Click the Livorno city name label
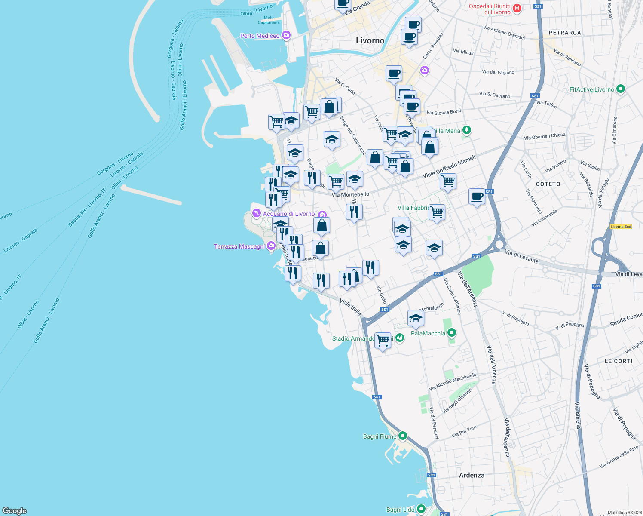[370, 41]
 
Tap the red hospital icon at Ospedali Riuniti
[517, 8]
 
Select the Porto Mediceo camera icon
[286, 36]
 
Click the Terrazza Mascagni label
[239, 246]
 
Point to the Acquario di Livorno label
[289, 214]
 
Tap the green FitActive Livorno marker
[620, 89]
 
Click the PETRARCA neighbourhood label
[565, 33]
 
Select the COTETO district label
[548, 184]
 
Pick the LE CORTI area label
[619, 361]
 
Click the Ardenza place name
[472, 475]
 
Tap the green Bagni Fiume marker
[402, 436]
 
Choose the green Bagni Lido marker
[421, 510]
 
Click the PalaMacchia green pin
[451, 333]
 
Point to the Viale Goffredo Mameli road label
[449, 166]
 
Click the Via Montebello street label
[350, 194]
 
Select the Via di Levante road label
[521, 257]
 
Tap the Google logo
[15, 511]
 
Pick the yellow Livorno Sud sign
[621, 227]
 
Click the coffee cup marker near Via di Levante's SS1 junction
[477, 197]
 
